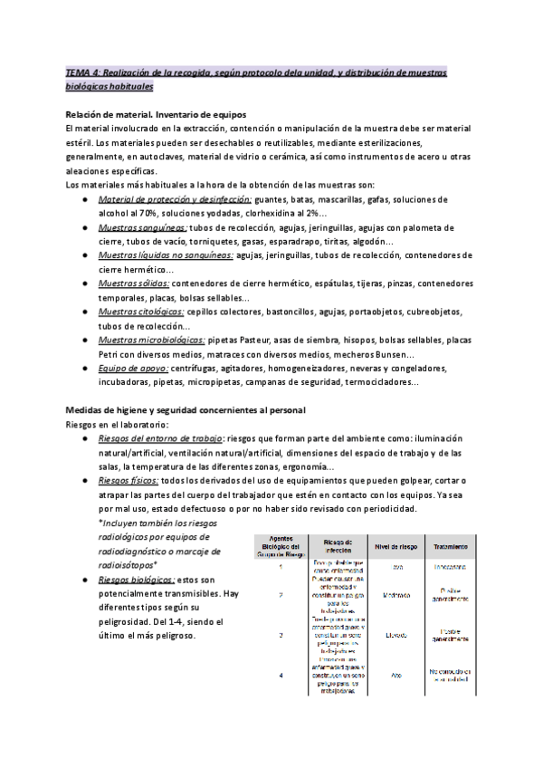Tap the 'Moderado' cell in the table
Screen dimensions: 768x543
pyautogui.click(x=395, y=595)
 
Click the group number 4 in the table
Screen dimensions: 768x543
pyautogui.click(x=281, y=676)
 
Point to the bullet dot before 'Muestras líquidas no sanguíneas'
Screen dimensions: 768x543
pyautogui.click(x=84, y=256)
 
